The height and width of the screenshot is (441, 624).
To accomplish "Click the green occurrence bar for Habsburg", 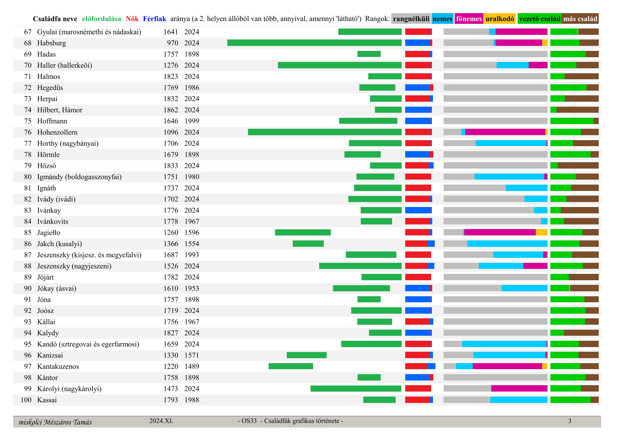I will point(314,43).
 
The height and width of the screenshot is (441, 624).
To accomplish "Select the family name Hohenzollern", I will point(57,132).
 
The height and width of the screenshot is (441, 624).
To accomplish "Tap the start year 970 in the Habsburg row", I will point(173,43).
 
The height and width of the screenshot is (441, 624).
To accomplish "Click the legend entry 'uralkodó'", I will point(499,19).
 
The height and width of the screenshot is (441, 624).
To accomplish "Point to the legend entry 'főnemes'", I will point(469,19).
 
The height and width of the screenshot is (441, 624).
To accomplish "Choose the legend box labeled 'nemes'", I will point(443,19).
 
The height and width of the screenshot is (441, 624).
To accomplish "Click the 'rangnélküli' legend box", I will point(411,19).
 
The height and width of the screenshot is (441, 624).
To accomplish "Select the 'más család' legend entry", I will point(580,19).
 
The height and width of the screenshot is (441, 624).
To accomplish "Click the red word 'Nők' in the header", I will point(132,19).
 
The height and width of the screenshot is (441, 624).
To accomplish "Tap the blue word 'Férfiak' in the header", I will point(154,19).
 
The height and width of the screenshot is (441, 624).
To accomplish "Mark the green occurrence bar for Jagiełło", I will point(303,233).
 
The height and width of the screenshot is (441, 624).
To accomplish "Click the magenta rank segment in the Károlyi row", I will point(519,389).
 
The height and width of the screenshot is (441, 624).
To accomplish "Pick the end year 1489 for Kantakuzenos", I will point(192,366).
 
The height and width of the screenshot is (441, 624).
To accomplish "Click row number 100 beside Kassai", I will point(26,400).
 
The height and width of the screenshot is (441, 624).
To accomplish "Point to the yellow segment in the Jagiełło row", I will point(541,233).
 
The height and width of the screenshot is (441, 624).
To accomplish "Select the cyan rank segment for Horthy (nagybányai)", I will point(511,143).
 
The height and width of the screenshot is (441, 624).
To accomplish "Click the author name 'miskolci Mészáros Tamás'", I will point(55,422).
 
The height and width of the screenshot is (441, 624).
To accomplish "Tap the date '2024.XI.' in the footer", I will point(161,421).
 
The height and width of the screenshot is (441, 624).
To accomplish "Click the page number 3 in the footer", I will point(570,421).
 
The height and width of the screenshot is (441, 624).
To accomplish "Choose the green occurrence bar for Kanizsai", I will point(307,355).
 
